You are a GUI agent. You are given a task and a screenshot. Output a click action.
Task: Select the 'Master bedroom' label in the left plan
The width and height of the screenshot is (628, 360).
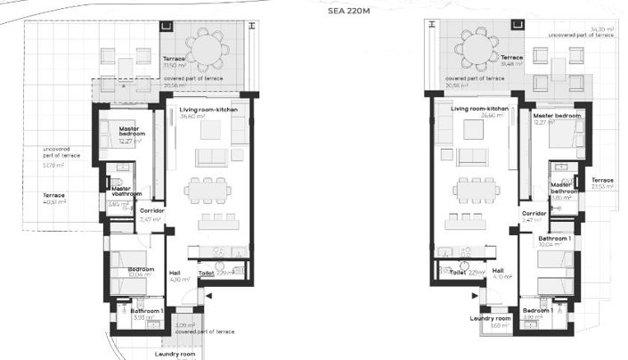tap(129, 132)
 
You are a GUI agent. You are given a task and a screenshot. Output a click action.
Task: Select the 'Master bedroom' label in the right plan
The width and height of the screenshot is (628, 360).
tap(557, 116)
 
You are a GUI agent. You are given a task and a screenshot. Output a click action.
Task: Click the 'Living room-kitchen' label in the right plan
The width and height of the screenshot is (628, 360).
tap(479, 109)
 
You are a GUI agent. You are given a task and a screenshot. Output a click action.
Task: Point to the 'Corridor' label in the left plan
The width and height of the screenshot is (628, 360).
tap(151, 212)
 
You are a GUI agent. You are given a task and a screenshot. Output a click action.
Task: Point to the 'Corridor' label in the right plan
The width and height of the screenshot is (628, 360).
tap(534, 214)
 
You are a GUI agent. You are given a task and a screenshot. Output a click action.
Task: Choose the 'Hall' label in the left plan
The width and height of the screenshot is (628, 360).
tap(175, 274)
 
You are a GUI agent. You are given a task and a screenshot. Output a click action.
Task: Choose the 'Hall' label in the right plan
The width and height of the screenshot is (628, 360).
tap(498, 270)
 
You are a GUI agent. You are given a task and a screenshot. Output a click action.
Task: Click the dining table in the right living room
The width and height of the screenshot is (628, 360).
tap(475, 189)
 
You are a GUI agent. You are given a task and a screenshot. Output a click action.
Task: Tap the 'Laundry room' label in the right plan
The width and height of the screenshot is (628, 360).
tap(492, 318)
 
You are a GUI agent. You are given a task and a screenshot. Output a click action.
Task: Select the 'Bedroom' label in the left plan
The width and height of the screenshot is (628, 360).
tap(141, 268)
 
